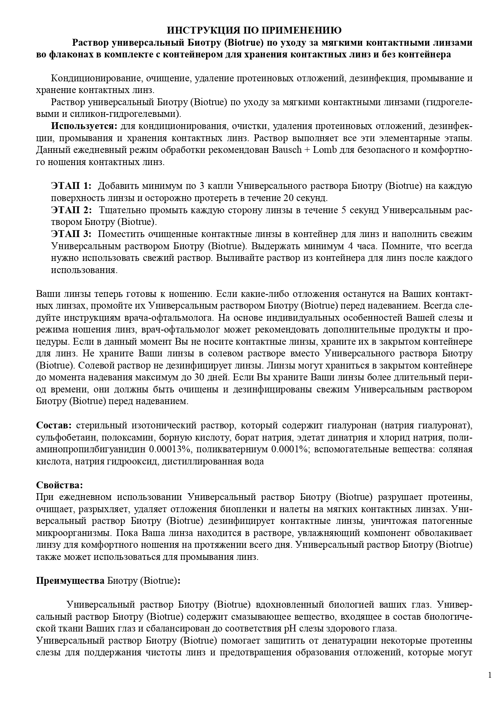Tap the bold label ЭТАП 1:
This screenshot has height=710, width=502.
[71, 186]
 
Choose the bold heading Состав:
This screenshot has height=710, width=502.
[54, 425]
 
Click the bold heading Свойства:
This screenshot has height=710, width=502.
[60, 485]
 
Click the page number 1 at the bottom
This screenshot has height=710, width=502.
[490, 675]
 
